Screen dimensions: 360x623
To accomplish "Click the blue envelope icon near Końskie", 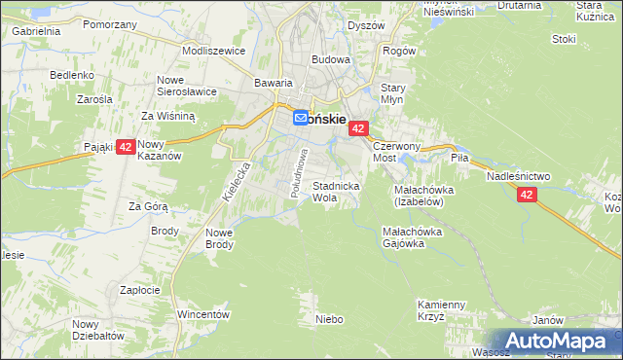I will click(x=302, y=116).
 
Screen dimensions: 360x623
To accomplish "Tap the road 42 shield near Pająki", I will click(x=126, y=148).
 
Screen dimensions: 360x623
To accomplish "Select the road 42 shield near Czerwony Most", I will click(x=359, y=128).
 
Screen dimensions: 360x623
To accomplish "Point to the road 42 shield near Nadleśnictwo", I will click(x=527, y=195).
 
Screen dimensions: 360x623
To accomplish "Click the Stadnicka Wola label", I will click(x=337, y=191).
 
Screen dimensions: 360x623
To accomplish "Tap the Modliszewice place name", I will click(x=213, y=50).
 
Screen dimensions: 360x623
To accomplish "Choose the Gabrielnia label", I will click(x=36, y=31).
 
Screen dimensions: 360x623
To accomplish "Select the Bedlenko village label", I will click(x=72, y=75).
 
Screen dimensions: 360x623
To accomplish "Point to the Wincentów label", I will click(x=202, y=315).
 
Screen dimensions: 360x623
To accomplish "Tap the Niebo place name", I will click(x=330, y=318).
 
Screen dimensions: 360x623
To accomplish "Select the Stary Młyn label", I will click(x=392, y=93).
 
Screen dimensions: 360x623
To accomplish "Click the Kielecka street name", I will click(x=236, y=181).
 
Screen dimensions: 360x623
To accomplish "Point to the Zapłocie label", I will click(x=139, y=290).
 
